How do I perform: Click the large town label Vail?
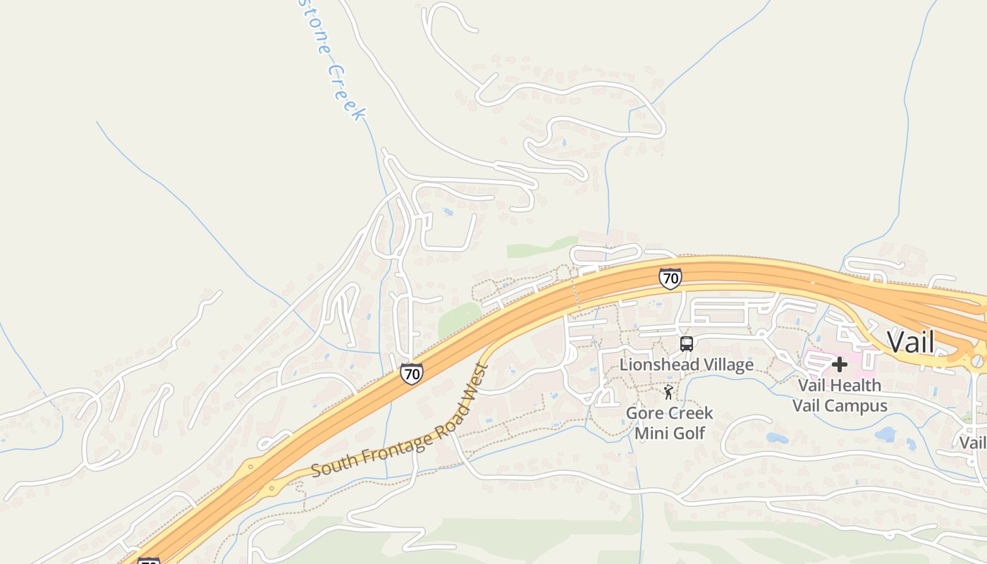[x=910, y=343]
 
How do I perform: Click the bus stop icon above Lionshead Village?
[x=687, y=344]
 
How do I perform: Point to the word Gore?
[x=644, y=413]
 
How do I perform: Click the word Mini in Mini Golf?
[x=651, y=433]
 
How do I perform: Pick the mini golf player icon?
[x=668, y=392]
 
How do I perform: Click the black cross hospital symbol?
[x=839, y=364]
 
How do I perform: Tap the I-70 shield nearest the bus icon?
[x=670, y=278]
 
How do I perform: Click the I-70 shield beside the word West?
[x=412, y=373]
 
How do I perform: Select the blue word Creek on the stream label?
[x=348, y=93]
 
